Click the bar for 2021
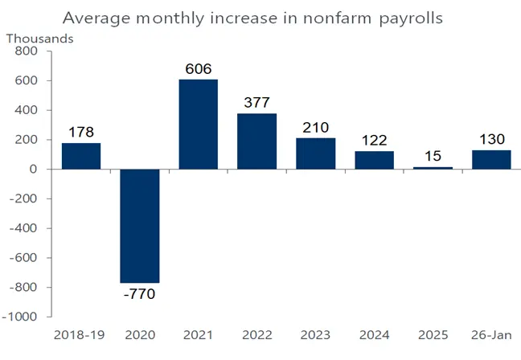point(198,124)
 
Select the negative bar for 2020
point(139,226)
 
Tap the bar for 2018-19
point(81,156)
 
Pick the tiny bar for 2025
point(433,168)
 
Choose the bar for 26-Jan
point(491,159)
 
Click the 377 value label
point(256,103)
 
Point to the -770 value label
point(139,294)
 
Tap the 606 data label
point(198,69)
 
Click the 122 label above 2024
point(374,140)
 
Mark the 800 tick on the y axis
point(27,51)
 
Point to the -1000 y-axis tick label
point(21,317)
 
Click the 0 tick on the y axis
point(35,170)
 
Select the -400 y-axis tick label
point(24,228)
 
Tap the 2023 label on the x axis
point(315,335)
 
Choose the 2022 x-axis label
point(256,335)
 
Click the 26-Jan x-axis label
point(491,335)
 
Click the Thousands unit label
point(40,37)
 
